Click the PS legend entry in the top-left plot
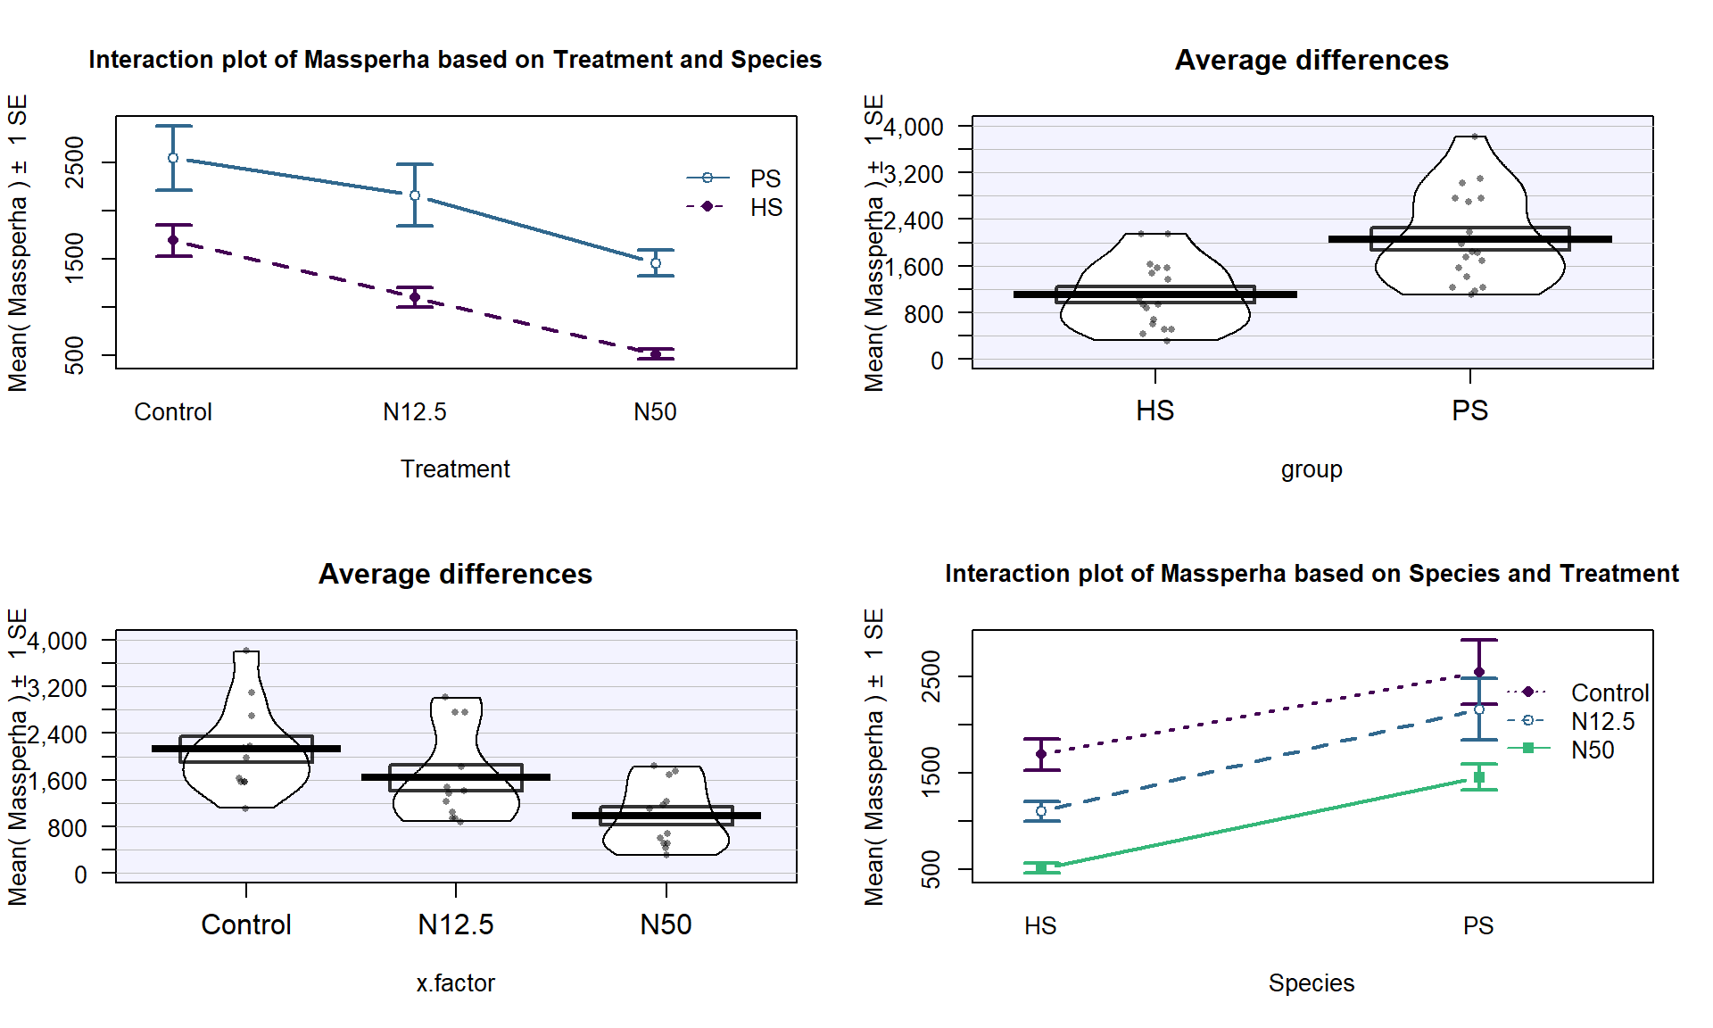tap(765, 178)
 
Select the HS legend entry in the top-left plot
tap(765, 207)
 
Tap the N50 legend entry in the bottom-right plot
tap(1592, 750)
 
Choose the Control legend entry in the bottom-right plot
tap(1609, 692)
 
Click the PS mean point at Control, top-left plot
tap(173, 158)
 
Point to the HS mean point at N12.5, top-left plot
tap(415, 297)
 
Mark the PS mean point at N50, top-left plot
tap(656, 262)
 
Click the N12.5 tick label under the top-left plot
tap(415, 412)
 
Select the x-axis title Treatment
tap(455, 469)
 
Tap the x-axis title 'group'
tap(1312, 469)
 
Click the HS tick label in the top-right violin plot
tap(1154, 410)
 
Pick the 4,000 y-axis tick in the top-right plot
tap(914, 128)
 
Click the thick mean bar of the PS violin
tap(1469, 239)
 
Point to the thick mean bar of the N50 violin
tap(666, 815)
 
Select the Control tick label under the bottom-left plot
tap(246, 924)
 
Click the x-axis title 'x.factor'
tap(455, 983)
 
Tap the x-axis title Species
tap(1312, 983)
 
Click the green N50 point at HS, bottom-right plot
tap(1041, 866)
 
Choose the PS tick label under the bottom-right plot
tap(1478, 926)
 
